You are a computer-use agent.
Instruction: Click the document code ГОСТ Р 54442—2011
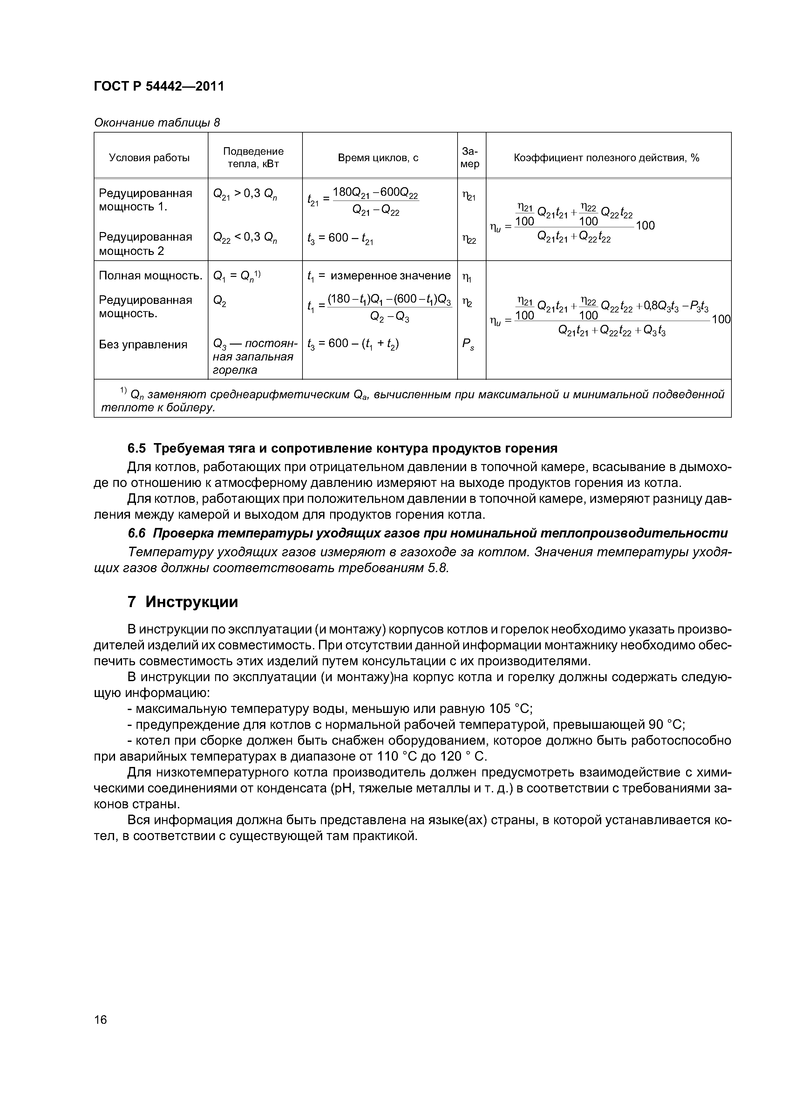[159, 86]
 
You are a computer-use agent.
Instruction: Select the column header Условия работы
[149, 158]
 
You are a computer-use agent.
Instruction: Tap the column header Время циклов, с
[378, 158]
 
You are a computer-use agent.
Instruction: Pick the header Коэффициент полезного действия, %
[607, 158]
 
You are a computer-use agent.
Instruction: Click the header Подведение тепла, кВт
[254, 158]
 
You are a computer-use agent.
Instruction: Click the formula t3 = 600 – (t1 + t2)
[353, 344]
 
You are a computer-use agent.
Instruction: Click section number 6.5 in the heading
[137, 448]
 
